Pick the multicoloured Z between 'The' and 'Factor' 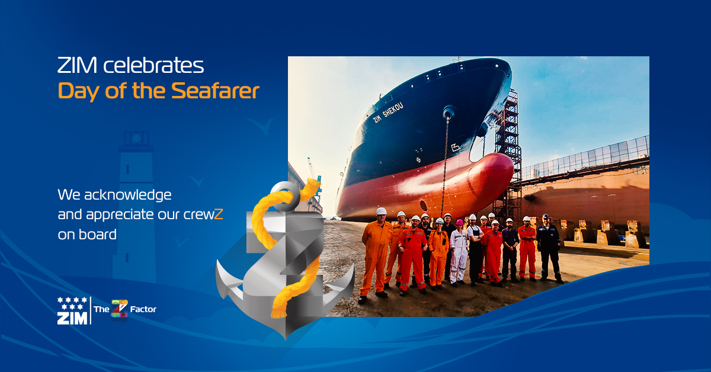120,309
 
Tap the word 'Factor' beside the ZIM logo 143,309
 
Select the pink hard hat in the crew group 459,222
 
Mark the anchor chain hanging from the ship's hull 445,166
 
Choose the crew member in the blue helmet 547,249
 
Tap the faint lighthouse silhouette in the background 136,195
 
